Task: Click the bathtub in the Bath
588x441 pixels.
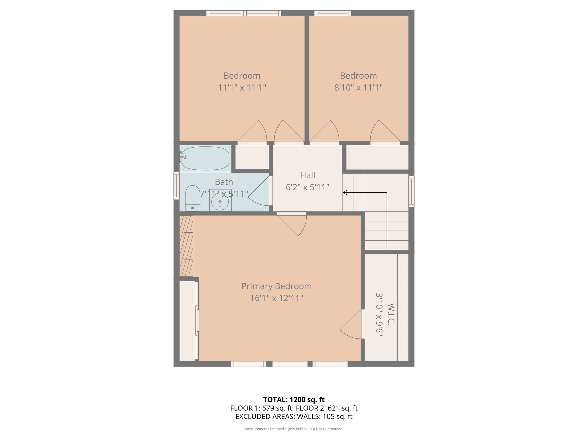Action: [206, 158]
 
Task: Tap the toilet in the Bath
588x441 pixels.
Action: [192, 198]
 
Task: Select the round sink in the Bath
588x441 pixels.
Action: [220, 202]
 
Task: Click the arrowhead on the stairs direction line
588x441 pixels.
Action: [345, 193]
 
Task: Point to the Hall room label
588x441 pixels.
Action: [307, 175]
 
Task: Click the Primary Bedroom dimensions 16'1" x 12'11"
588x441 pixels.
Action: [276, 298]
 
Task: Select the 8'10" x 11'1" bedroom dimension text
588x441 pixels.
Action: [358, 87]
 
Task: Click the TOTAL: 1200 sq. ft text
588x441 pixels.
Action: [294, 400]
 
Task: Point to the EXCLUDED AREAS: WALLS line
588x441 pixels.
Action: [294, 417]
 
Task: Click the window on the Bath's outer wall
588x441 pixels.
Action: [176, 185]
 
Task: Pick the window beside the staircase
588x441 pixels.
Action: [411, 192]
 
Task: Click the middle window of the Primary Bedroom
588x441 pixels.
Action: [290, 364]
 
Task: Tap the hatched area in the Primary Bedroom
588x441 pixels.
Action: [186, 246]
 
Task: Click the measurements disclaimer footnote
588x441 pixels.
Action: [294, 429]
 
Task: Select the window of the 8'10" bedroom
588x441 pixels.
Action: [332, 13]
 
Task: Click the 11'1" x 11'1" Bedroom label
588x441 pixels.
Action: [242, 82]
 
